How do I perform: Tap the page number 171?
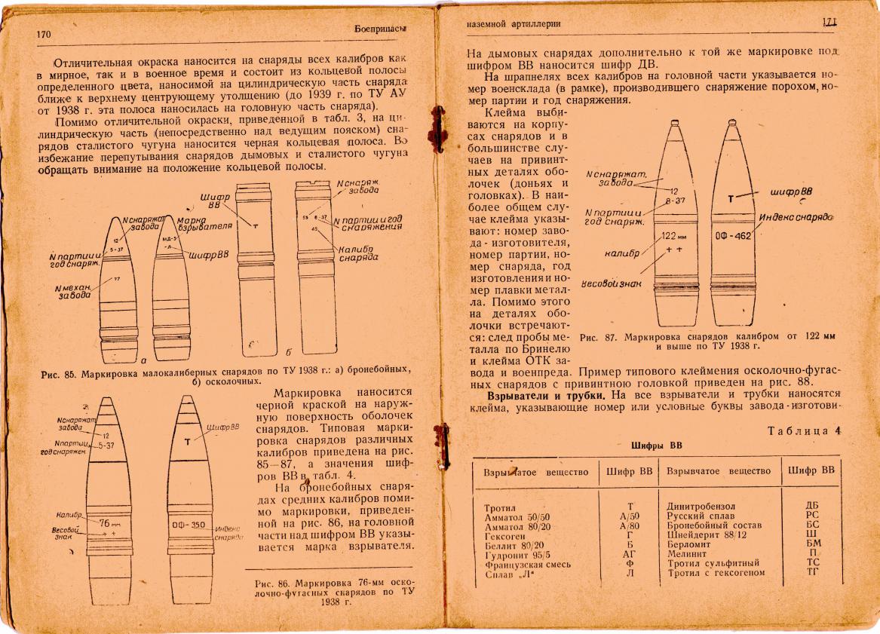(x=830, y=23)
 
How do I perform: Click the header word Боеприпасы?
(x=380, y=29)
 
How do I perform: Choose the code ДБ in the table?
(x=811, y=505)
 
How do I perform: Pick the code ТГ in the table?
(x=811, y=572)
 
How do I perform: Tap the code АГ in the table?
(x=629, y=553)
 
